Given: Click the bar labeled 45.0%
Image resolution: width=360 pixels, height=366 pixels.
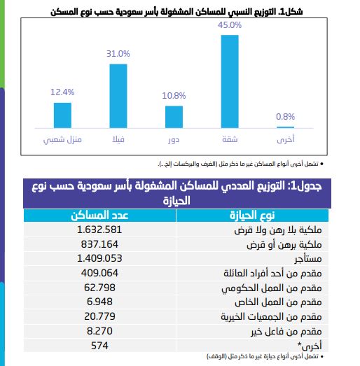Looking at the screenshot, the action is point(230,81).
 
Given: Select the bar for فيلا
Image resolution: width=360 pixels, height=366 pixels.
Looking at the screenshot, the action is point(118,96).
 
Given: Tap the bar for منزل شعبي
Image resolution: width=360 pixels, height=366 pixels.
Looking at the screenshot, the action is point(62,115).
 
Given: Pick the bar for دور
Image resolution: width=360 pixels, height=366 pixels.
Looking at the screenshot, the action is point(174,117).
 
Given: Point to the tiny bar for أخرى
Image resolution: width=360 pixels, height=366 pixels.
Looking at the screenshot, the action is point(286,127).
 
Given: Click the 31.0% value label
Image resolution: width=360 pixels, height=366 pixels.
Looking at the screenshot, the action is point(118,54).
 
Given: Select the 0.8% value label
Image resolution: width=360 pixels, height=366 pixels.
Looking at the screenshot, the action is point(286,116).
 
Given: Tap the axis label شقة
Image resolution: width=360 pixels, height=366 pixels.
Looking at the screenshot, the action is point(230,139).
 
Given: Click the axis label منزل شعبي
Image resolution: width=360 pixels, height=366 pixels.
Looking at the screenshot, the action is point(62,140).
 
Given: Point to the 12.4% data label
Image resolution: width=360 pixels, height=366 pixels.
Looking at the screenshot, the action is point(62,92).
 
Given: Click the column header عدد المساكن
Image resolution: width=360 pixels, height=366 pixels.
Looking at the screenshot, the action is point(99,216).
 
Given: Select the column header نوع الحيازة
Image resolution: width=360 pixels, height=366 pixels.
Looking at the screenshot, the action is point(252,216).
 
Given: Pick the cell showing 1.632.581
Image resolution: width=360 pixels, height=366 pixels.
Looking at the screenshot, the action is point(99,230).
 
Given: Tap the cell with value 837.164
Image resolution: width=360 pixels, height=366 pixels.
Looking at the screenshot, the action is point(99,244).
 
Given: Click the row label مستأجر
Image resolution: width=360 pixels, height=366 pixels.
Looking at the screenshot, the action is point(308,259).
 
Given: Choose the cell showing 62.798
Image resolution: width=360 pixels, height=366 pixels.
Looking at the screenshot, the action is point(99,288).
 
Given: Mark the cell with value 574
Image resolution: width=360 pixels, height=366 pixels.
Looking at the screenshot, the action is point(99,346).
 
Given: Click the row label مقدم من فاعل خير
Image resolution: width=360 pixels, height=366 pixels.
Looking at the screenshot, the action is point(286,332).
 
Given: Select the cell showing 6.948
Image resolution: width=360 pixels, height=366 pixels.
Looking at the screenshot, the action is point(99,302).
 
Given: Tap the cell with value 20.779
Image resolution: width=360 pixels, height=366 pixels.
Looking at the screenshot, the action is point(99,316).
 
